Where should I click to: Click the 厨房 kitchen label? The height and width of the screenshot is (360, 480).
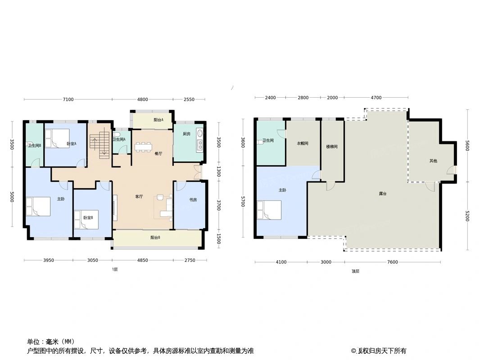coord(187,134)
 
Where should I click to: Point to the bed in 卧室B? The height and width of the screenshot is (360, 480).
coord(86,220)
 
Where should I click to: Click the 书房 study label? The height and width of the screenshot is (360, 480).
coord(193,200)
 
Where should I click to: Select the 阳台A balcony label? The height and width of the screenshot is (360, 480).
coord(158,120)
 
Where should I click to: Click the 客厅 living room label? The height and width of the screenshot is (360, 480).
coord(139,197)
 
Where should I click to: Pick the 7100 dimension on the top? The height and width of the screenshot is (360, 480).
coord(68,99)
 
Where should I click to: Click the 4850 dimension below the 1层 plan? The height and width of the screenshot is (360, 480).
coord(143,261)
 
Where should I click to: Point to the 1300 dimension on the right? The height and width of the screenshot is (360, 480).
coord(219,171)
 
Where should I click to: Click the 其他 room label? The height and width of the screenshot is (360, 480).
coord(433,161)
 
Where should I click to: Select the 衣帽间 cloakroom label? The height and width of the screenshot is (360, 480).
coord(303,144)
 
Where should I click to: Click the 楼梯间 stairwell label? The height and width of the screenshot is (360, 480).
coord(332,147)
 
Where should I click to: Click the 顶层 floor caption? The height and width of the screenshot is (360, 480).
coord(356,271)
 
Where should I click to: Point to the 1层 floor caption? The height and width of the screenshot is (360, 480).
coord(115,269)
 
